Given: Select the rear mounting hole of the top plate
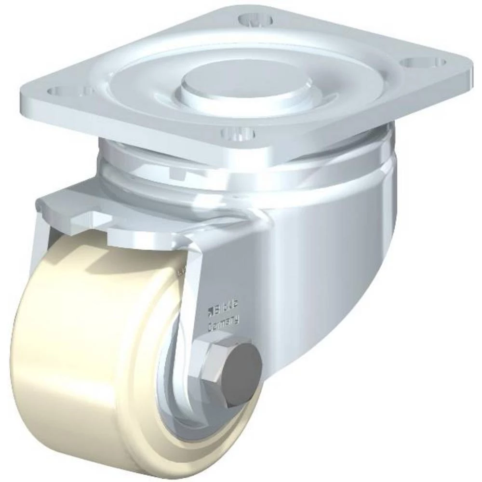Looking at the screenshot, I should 255,21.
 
